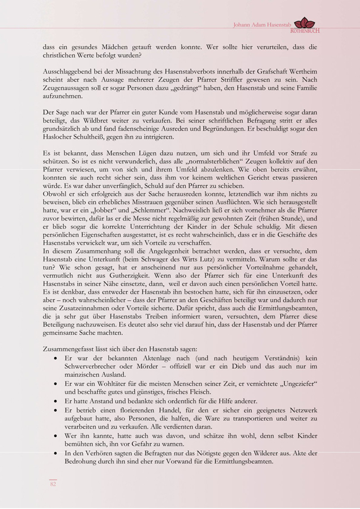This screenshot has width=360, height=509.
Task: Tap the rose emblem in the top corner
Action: [306, 23]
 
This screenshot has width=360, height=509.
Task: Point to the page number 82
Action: [53, 484]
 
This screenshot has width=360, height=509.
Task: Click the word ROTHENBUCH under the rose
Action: [305, 31]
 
